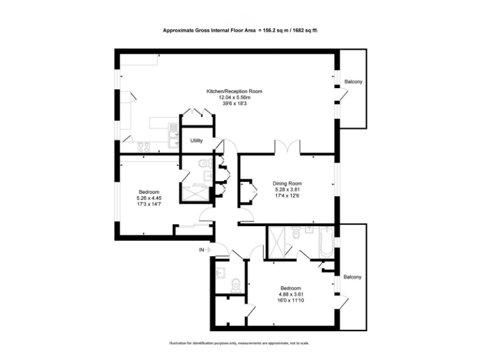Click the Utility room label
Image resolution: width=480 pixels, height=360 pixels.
196,141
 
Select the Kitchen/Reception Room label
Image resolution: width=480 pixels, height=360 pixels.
234,91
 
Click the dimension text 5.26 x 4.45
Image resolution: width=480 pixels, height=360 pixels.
149,198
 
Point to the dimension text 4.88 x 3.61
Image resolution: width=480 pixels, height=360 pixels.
291,294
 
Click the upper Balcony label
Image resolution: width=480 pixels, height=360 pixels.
353,82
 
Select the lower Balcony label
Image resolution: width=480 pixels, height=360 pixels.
352,277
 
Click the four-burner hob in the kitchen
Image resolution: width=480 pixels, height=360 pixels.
142,147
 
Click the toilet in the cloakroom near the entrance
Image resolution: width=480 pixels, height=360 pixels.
235,285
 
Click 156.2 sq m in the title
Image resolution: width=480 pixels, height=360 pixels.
270,29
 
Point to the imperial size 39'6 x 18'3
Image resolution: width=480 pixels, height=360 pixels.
234,104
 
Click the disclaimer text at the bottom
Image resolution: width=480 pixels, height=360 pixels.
239,343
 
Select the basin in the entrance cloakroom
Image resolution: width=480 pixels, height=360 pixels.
219,272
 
